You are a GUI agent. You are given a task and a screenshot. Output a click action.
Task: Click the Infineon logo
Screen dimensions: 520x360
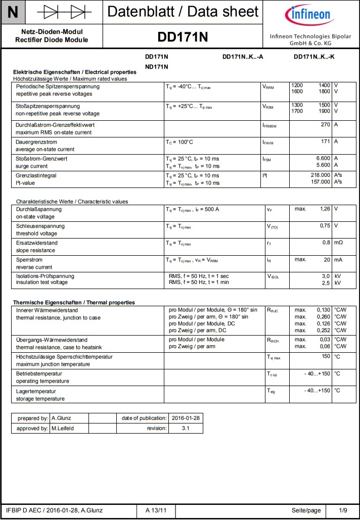(309, 17)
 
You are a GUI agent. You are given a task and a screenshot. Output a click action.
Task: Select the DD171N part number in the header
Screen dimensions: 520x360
(183, 37)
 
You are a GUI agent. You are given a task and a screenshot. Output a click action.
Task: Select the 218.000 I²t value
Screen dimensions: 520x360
(320, 175)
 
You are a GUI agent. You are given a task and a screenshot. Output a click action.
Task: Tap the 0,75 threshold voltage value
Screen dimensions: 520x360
(324, 225)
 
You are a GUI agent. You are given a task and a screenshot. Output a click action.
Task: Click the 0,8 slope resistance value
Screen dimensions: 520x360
(326, 243)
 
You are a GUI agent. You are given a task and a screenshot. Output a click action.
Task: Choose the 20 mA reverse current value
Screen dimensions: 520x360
(327, 259)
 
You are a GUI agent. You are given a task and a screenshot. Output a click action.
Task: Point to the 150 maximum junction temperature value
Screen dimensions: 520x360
(326, 356)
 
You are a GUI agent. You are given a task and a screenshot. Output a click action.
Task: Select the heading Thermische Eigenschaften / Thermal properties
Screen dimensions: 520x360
(74, 302)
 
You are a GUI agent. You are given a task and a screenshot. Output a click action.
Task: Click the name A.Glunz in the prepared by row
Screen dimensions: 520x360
(63, 418)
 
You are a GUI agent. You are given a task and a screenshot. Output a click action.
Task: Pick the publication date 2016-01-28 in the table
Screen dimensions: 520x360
(186, 418)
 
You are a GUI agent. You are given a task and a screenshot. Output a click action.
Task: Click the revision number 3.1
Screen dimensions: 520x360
(186, 429)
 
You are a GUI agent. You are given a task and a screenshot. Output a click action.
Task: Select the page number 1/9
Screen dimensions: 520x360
(343, 510)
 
